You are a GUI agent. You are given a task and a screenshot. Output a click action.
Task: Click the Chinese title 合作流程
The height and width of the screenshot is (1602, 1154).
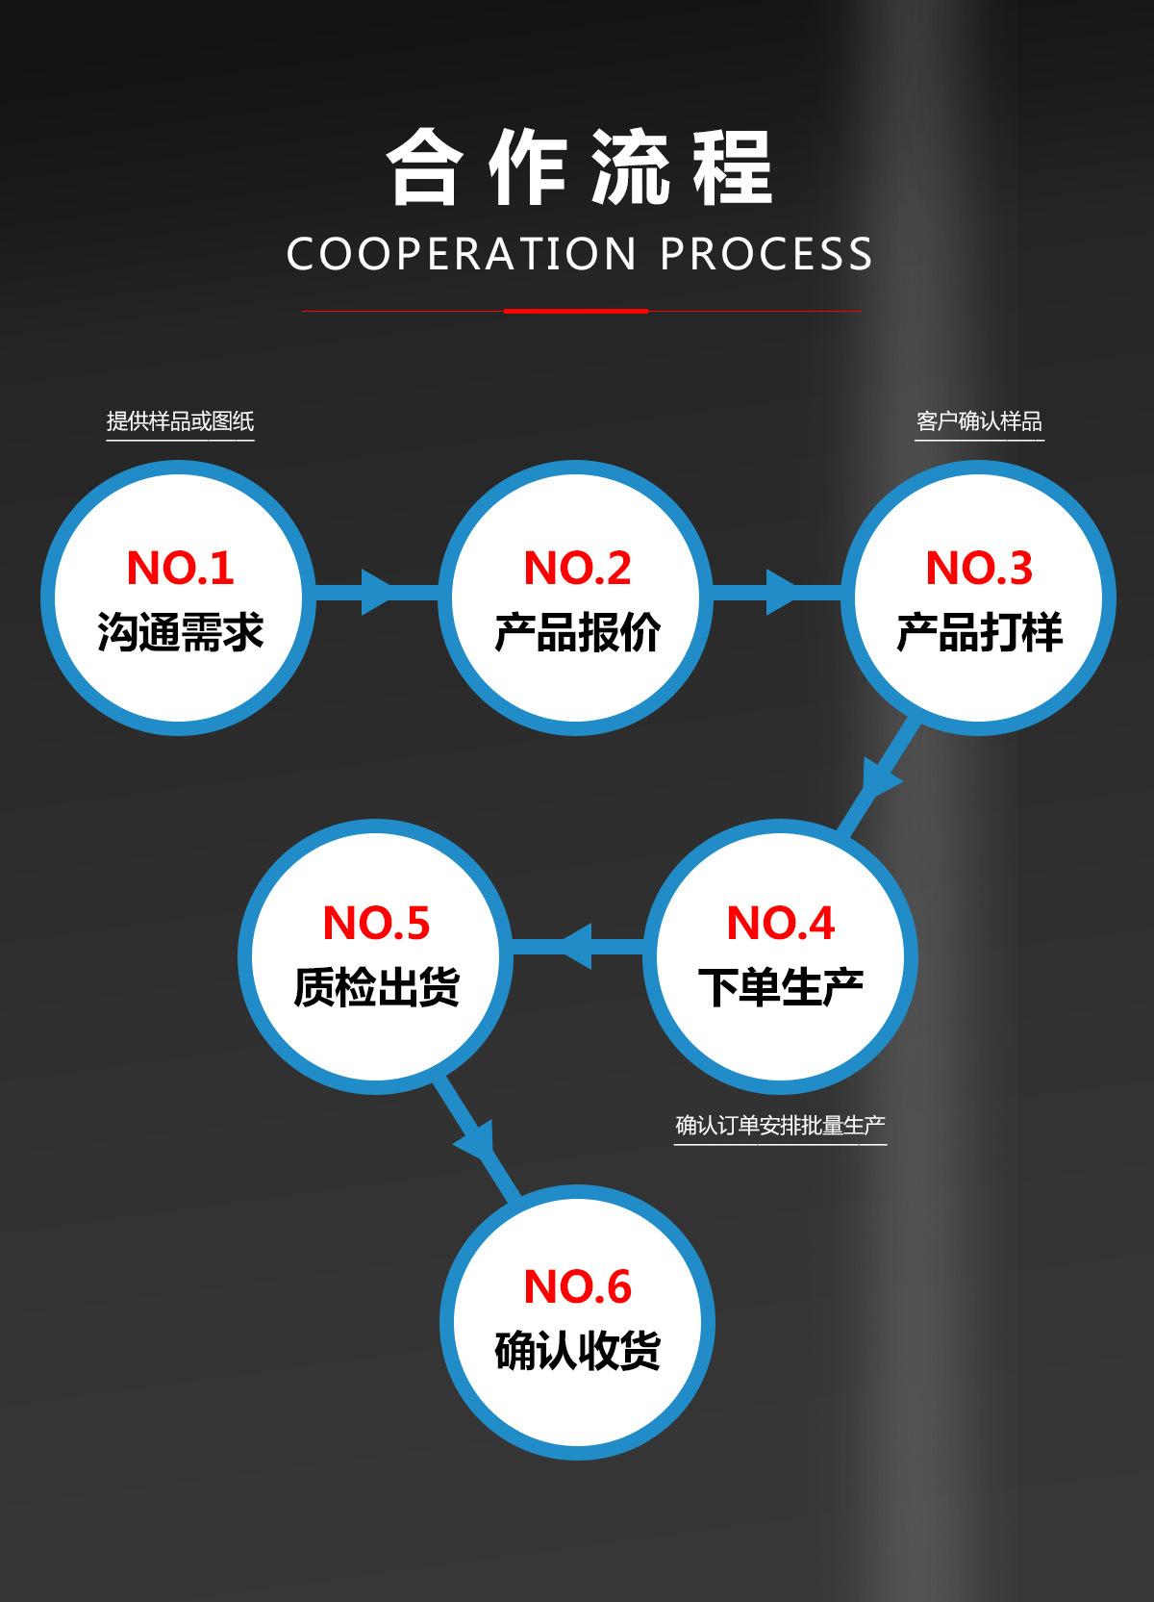[580, 167]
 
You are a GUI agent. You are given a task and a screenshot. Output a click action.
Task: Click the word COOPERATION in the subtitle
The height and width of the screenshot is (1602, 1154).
[462, 254]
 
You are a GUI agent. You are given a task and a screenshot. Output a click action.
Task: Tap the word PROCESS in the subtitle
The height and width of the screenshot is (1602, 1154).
[766, 254]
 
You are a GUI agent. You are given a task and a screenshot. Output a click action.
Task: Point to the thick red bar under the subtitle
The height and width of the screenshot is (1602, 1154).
[576, 311]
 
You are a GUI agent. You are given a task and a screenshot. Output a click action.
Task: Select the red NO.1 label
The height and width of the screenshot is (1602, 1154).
[180, 568]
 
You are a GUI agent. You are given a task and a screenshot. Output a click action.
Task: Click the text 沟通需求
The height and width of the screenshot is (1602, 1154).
[180, 632]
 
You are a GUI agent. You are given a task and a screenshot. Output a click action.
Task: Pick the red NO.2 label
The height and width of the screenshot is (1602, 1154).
[577, 568]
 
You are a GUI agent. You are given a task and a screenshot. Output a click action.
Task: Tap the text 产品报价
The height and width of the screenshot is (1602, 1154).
[577, 632]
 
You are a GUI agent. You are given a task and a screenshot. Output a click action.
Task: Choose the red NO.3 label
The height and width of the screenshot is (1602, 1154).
[979, 568]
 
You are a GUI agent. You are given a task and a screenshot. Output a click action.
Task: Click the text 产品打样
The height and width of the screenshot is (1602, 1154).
[979, 632]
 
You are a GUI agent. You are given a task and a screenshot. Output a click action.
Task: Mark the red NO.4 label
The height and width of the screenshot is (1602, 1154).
[780, 923]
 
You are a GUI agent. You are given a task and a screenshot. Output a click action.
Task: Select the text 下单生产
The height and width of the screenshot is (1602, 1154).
[780, 987]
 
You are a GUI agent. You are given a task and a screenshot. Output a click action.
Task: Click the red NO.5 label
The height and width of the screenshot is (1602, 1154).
[376, 923]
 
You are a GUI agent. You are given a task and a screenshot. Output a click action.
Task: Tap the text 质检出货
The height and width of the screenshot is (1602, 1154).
[376, 987]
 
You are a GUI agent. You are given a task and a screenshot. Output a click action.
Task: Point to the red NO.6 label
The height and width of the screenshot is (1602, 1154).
[577, 1286]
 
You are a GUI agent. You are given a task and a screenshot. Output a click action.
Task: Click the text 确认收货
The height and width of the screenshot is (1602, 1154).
[577, 1350]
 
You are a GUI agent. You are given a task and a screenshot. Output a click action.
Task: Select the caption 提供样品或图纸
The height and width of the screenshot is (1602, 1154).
[180, 421]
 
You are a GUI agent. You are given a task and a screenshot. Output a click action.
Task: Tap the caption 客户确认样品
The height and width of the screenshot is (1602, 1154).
[979, 421]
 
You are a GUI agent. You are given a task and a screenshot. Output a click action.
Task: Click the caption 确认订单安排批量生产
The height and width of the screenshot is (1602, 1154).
[780, 1125]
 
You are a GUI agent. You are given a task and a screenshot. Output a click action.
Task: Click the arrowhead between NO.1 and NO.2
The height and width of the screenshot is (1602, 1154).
[377, 592]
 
